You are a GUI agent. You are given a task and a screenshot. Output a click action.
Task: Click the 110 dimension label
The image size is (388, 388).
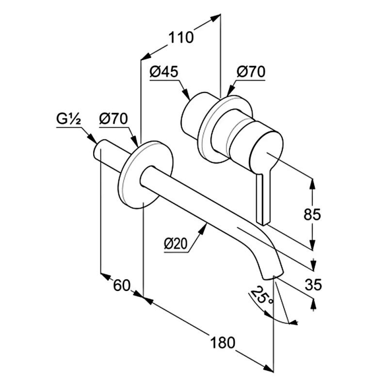click(181, 38)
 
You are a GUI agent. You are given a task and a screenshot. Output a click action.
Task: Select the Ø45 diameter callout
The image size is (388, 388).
click(164, 72)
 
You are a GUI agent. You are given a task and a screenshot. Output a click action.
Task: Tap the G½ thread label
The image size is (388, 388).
click(68, 119)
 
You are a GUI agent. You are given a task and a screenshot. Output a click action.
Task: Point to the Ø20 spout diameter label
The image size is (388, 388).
click(176, 244)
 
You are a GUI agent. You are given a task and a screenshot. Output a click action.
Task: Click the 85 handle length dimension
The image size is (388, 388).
click(312, 214)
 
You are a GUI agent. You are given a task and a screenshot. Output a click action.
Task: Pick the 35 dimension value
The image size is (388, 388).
click(313, 284)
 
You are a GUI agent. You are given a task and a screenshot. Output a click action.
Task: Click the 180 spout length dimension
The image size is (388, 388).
click(223, 343)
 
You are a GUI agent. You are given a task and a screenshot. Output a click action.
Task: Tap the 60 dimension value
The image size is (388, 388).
click(122, 285)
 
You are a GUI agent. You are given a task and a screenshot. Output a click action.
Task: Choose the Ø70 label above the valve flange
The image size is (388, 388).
click(251, 72)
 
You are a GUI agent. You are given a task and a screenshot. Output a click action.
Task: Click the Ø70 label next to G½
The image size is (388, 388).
click(113, 119)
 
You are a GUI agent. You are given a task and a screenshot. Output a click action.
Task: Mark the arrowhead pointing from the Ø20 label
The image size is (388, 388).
click(203, 228)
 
